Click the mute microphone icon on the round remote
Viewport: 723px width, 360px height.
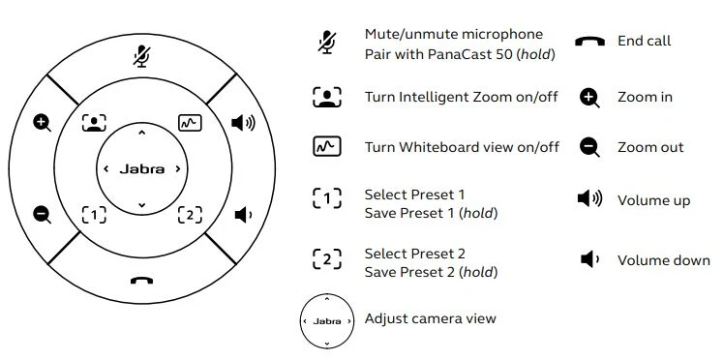[x=142, y=56]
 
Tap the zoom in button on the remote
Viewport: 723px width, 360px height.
[x=42, y=123]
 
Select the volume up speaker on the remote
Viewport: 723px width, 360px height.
[x=243, y=123]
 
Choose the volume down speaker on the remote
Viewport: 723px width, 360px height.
[x=243, y=215]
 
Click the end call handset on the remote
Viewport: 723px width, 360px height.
[x=141, y=281]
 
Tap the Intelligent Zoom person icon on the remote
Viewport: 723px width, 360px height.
[x=94, y=123]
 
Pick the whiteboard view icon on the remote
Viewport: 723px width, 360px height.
[x=190, y=123]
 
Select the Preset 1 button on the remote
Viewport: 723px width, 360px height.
[x=94, y=215]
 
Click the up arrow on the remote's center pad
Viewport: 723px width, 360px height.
[x=142, y=134]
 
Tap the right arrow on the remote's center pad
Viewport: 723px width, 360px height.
[x=178, y=169]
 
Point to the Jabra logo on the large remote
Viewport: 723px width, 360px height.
[x=142, y=169]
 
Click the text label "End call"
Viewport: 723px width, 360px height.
[x=645, y=41]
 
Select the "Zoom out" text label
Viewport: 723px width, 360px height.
[x=650, y=147]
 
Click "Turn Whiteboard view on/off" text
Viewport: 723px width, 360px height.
[x=462, y=147]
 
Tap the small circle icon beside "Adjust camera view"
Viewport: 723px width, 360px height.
[x=327, y=321]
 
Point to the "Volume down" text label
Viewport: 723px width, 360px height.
[x=664, y=260]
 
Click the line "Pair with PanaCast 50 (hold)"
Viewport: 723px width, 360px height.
[x=460, y=54]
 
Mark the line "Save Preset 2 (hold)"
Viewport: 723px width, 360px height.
[x=431, y=273]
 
